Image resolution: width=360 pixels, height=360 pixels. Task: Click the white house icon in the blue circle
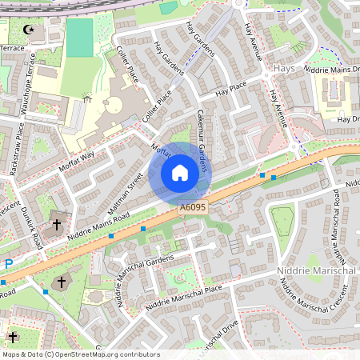pyautogui.click(x=180, y=172)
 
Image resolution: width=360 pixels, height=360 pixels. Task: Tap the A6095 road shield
pyautogui.click(x=192, y=207)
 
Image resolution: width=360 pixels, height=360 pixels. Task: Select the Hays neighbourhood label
pyautogui.click(x=284, y=69)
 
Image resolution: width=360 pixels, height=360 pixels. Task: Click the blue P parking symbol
pyautogui.click(x=9, y=263)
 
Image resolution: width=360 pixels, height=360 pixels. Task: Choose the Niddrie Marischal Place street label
pyautogui.click(x=181, y=298)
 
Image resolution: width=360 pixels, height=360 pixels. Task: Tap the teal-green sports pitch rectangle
pyautogui.click(x=79, y=38)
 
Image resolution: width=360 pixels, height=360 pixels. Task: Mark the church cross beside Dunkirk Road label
pyautogui.click(x=56, y=225)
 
